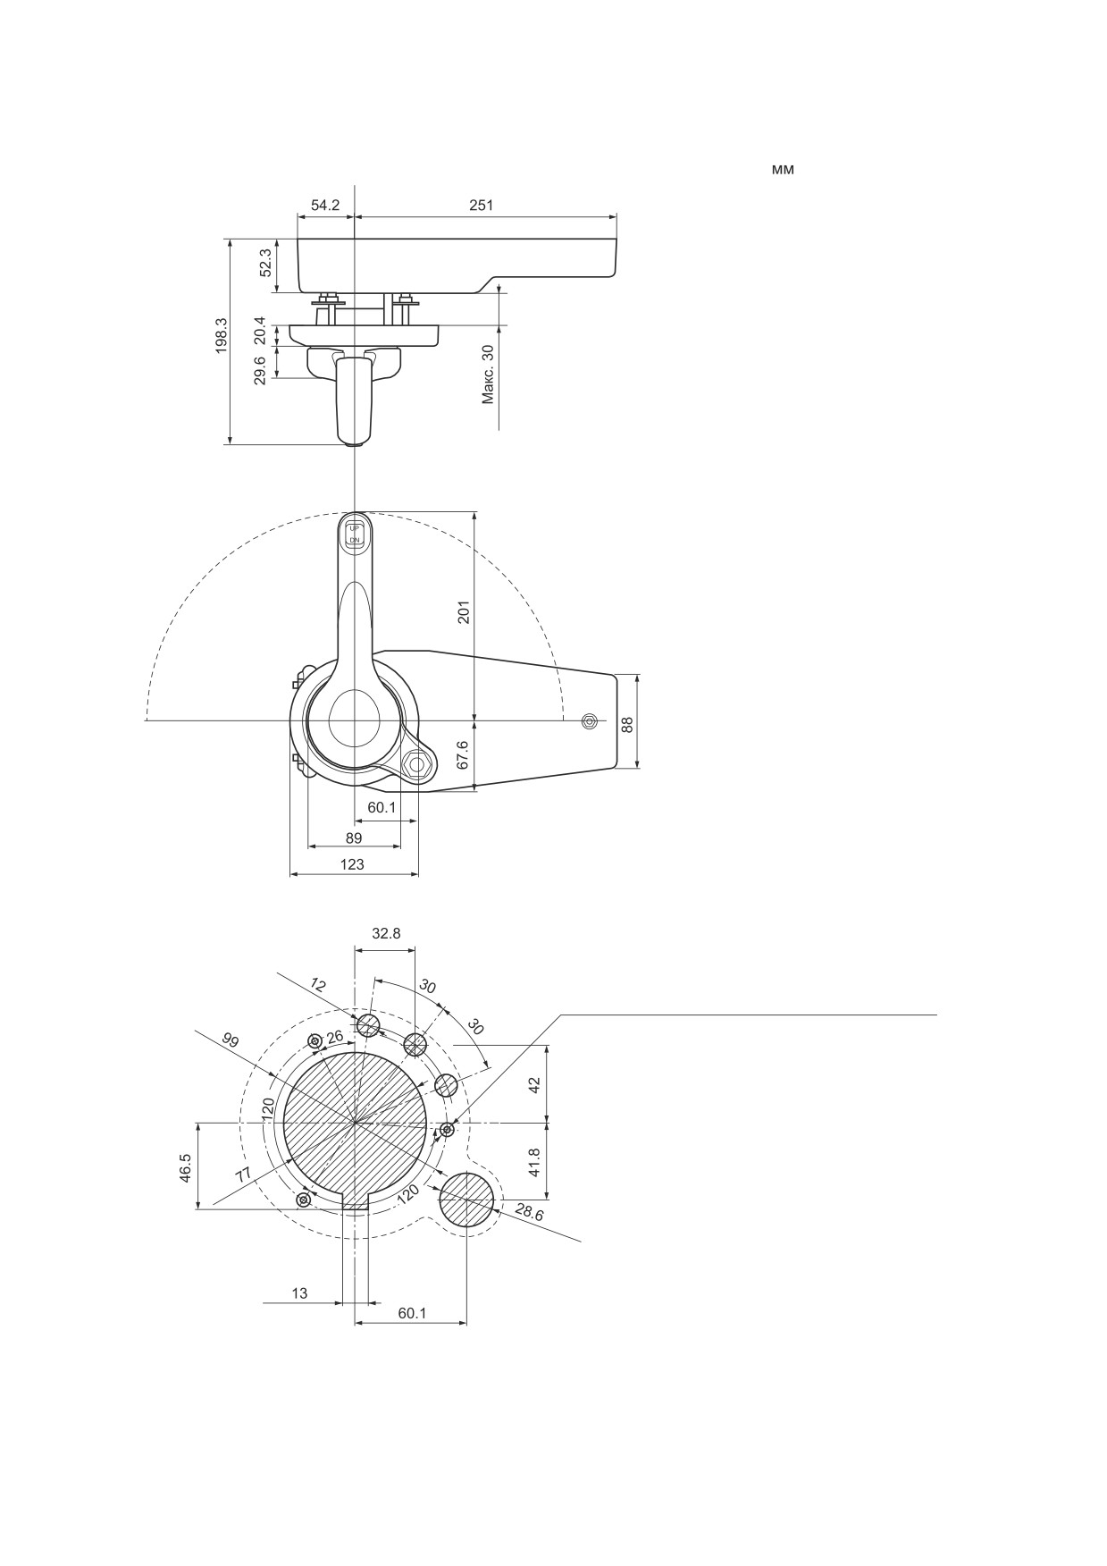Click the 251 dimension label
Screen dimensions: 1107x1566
click(481, 205)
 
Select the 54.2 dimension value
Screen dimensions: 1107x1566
click(325, 205)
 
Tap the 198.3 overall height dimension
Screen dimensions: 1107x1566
click(222, 336)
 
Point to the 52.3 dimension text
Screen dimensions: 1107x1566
click(265, 263)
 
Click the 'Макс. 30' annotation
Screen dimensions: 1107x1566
click(488, 374)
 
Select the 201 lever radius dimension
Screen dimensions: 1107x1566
click(464, 612)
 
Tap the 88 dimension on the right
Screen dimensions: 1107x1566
click(627, 724)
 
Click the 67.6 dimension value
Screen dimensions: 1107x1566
click(463, 754)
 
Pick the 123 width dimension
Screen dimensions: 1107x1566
click(354, 864)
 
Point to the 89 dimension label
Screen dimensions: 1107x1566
click(354, 838)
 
